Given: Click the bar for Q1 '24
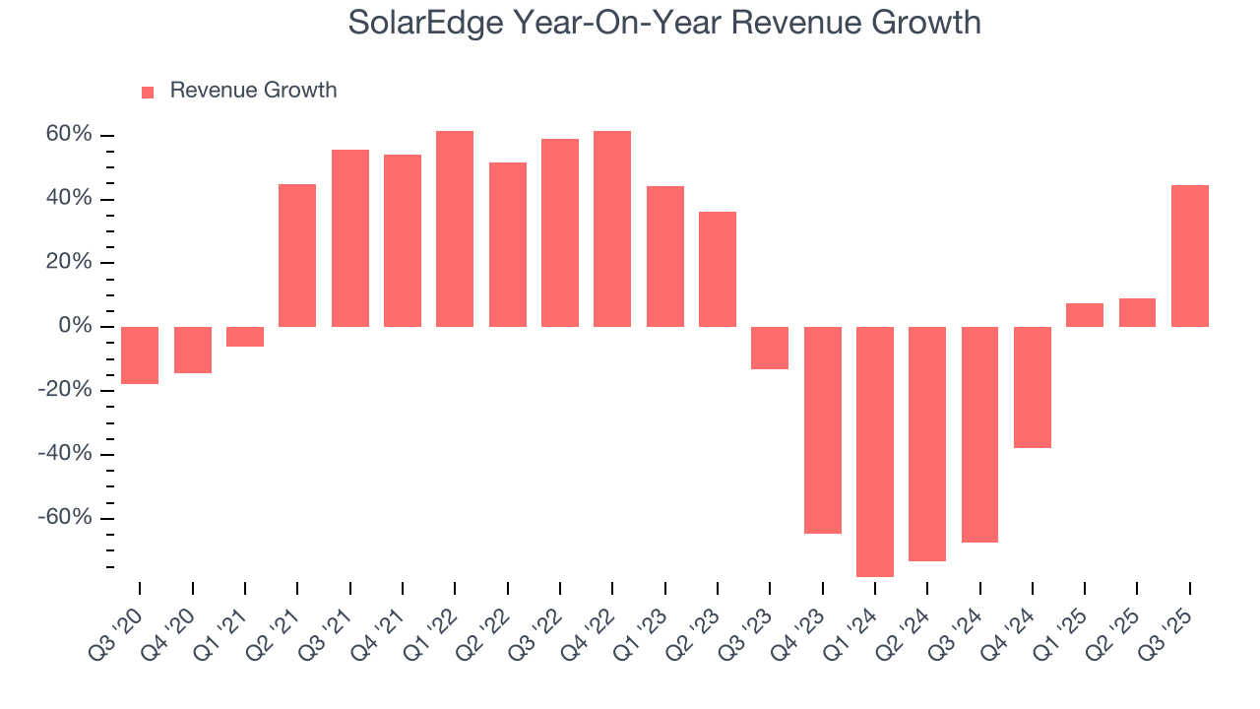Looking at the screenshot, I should [875, 451].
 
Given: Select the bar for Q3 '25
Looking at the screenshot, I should [1190, 256].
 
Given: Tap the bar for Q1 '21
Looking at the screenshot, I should [245, 337].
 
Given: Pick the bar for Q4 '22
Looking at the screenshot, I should [612, 228].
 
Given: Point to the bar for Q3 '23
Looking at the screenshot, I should [770, 348].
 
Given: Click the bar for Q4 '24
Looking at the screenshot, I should [1033, 387].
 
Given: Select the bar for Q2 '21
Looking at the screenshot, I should [297, 255].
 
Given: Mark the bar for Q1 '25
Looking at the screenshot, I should [1085, 315].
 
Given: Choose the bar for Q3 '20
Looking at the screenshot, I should [140, 354].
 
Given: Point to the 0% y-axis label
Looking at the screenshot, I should [76, 326].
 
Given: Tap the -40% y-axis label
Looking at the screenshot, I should [66, 454].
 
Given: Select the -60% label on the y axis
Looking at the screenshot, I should [66, 518].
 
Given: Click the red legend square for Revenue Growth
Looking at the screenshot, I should [148, 92].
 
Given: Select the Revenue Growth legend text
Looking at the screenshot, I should [253, 91].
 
